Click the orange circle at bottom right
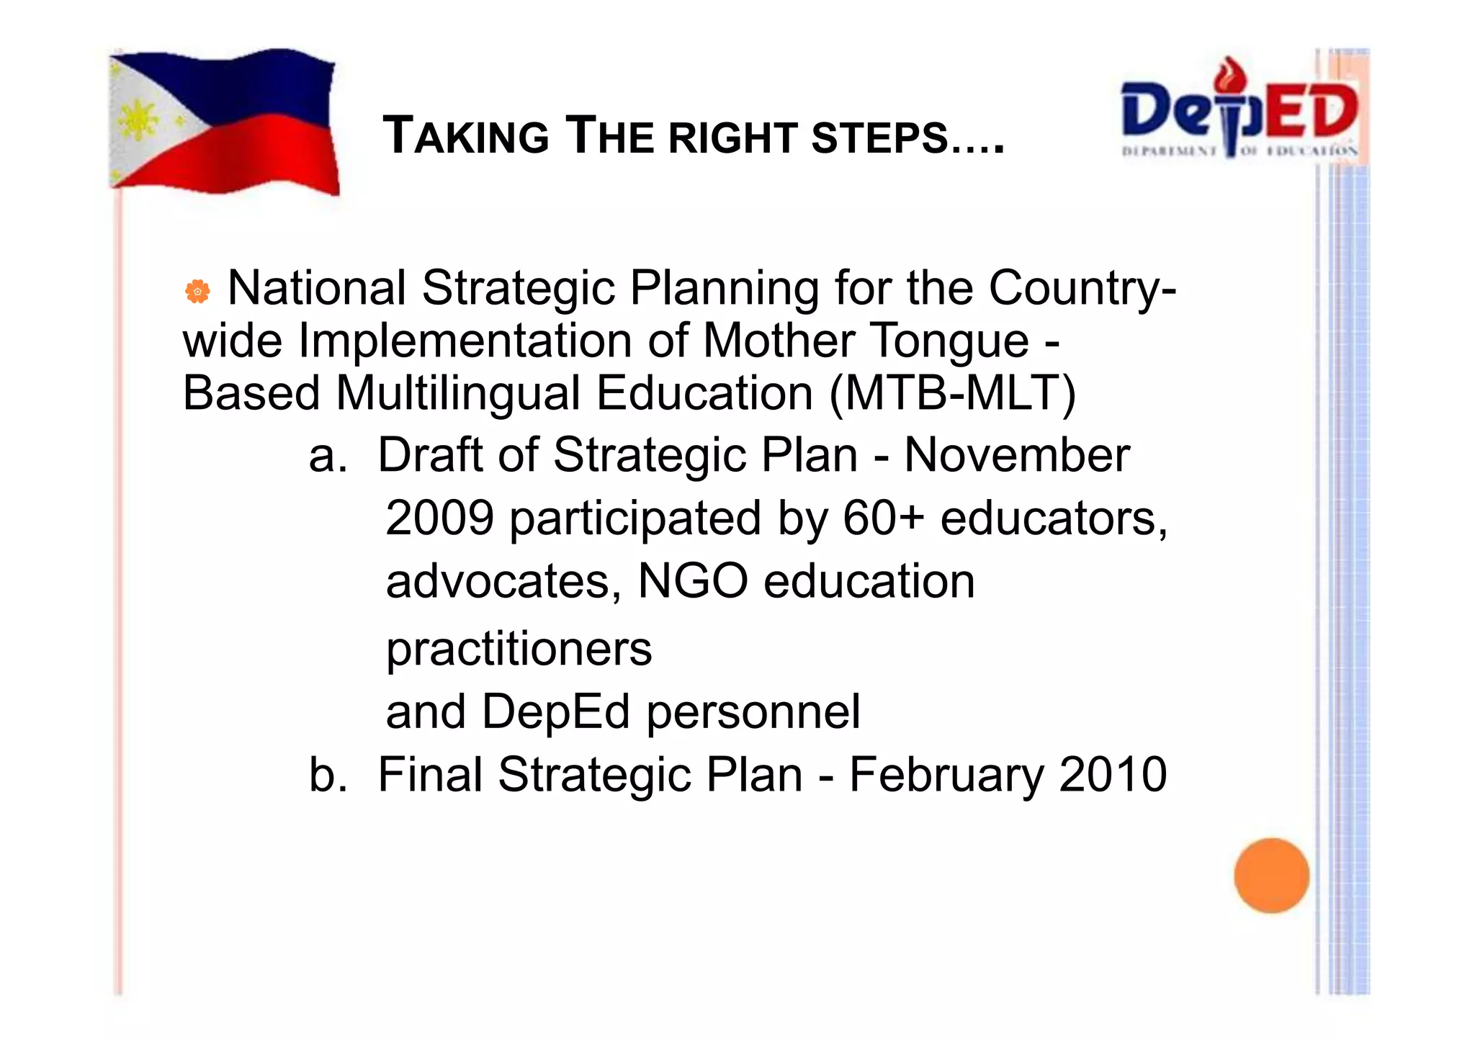coord(1271,875)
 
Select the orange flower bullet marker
coord(197,291)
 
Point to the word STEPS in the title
coord(879,137)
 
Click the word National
coord(317,288)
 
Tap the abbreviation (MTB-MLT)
coord(952,394)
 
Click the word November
coord(1016,455)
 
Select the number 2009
coord(440,518)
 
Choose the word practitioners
coord(519,649)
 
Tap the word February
coord(946,775)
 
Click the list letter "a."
coord(328,457)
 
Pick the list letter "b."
coord(328,775)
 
